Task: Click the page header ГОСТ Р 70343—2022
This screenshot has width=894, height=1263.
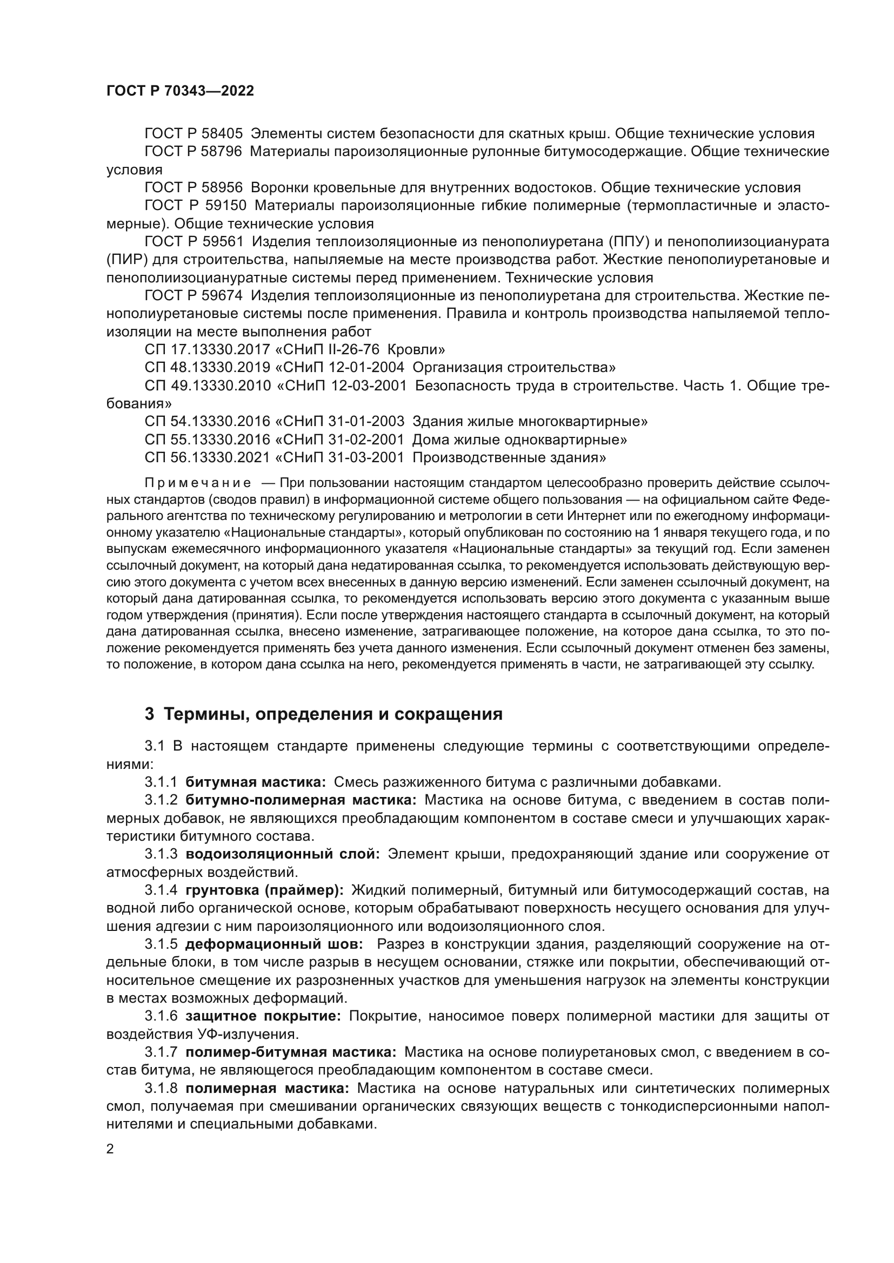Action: point(180,91)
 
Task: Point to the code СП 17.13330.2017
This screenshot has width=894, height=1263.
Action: point(208,349)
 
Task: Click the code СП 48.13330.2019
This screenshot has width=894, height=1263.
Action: point(208,368)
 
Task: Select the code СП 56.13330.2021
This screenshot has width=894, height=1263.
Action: point(208,457)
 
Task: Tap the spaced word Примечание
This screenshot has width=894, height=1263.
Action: point(198,483)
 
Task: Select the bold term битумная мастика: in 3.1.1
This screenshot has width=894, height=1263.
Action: point(256,782)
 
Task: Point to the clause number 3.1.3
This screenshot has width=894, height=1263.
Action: point(161,854)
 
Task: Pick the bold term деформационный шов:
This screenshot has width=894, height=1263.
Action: point(273,944)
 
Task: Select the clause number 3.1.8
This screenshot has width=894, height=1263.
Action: point(161,1088)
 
